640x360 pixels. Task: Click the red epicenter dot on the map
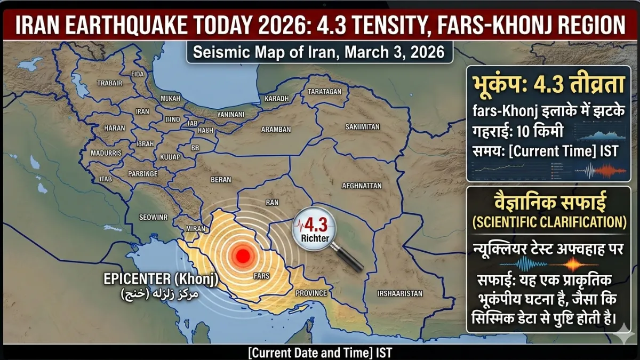click(x=243, y=255)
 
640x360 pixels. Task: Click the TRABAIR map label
click(x=109, y=83)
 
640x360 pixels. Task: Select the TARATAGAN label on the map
click(x=324, y=92)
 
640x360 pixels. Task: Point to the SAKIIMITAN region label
click(x=362, y=126)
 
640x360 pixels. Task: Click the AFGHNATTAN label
click(x=362, y=186)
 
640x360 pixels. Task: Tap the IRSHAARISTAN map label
click(x=399, y=293)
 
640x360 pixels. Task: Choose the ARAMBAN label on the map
click(x=276, y=130)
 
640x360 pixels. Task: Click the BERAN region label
click(x=221, y=180)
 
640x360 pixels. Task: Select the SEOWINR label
click(x=153, y=217)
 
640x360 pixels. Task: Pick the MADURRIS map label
click(x=107, y=153)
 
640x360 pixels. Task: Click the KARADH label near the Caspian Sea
click(x=277, y=99)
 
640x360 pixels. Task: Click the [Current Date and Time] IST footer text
click(x=319, y=353)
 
